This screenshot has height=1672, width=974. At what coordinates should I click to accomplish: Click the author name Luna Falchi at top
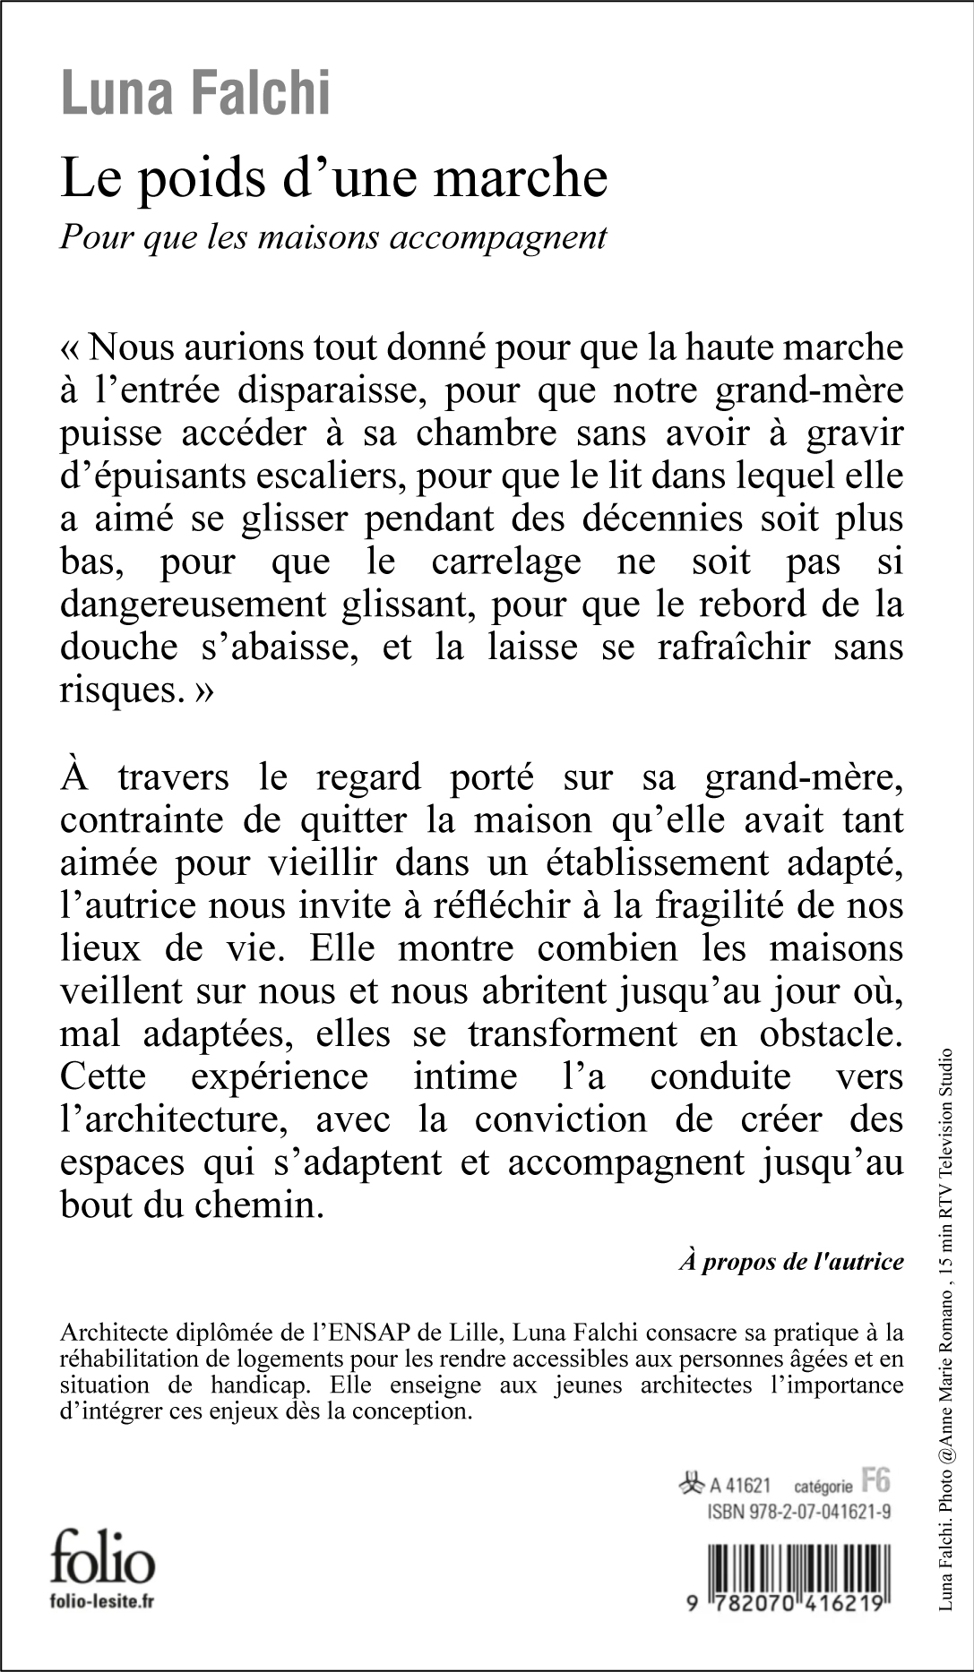click(195, 95)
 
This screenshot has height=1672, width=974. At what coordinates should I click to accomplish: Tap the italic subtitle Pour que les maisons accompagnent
click(333, 237)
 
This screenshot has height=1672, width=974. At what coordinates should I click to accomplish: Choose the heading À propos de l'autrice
click(791, 1262)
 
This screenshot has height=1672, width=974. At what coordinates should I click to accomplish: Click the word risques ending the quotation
click(113, 690)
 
